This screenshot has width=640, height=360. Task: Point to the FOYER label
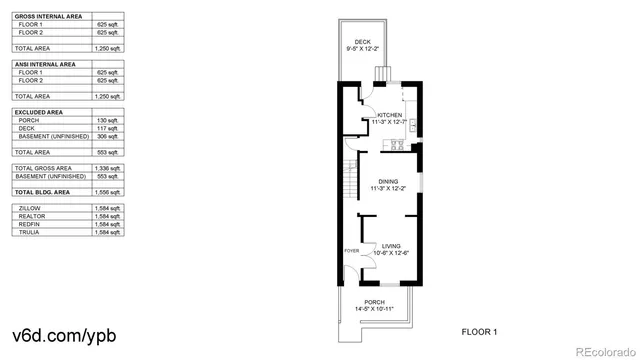pyautogui.click(x=351, y=250)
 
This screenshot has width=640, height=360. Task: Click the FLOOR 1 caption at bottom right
pyautogui.click(x=479, y=331)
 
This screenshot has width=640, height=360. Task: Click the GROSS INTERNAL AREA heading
pyautogui.click(x=47, y=17)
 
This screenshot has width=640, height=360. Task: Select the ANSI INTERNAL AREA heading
pyautogui.click(x=45, y=64)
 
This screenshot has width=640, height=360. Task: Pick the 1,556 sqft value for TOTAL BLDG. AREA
pyautogui.click(x=107, y=191)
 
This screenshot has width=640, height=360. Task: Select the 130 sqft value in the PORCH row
pyautogui.click(x=107, y=120)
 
